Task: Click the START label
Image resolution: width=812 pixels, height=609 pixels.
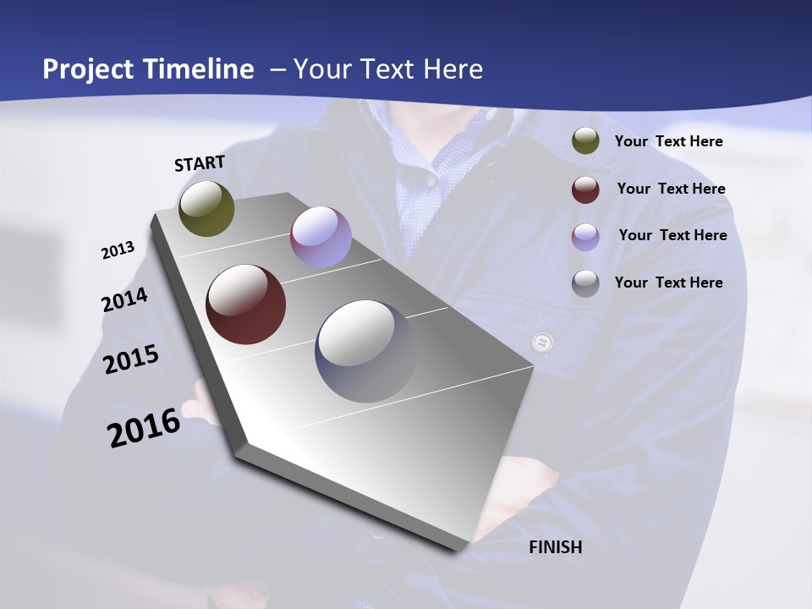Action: tap(200, 162)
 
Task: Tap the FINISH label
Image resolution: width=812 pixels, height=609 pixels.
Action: tap(556, 547)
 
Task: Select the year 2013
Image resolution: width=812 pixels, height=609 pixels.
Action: tap(118, 250)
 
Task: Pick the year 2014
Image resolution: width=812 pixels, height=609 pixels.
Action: tap(124, 299)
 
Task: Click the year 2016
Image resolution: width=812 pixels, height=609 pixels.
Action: tap(144, 428)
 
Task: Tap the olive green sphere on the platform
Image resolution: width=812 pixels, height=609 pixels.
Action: tap(207, 208)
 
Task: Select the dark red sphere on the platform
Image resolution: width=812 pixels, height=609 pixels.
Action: tap(245, 304)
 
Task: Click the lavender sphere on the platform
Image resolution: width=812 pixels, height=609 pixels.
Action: tap(321, 237)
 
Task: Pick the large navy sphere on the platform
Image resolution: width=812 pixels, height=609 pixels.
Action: tap(365, 350)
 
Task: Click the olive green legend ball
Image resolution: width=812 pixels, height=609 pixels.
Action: tap(585, 141)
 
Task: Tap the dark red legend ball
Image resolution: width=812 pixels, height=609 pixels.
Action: tap(585, 189)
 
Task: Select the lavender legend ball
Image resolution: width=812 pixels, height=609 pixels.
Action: tap(585, 236)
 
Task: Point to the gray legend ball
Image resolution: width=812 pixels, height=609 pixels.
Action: tap(585, 283)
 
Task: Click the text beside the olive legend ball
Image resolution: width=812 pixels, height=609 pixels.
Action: tap(668, 141)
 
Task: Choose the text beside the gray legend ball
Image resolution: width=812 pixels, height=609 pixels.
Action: tap(668, 283)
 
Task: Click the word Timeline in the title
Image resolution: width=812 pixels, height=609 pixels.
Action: tap(198, 69)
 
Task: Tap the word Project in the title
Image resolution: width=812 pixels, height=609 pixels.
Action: tap(88, 69)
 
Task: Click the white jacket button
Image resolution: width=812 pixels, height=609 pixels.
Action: tap(542, 343)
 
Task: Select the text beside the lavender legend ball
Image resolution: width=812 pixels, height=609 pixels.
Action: tap(672, 235)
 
